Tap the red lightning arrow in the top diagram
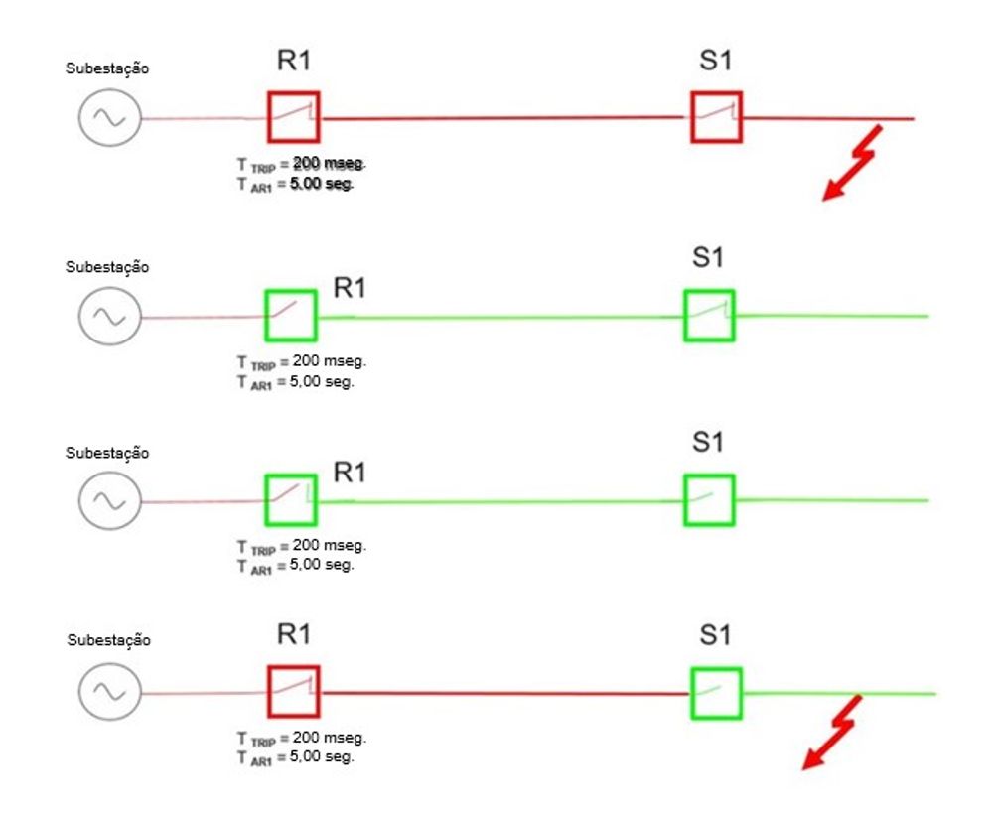coord(852,164)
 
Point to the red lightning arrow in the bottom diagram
coord(832,734)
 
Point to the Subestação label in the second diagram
coord(107,267)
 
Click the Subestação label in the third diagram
coord(107,453)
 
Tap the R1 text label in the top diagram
coord(294,61)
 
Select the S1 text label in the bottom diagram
coord(716,634)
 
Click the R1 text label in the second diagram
coord(350,288)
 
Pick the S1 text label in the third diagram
coord(708,442)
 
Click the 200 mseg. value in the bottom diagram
coord(330,738)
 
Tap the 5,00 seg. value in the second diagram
coord(322,382)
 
